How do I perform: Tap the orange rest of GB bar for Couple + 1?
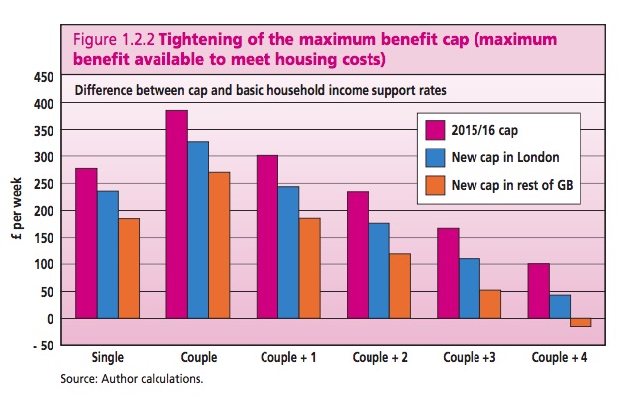pos(308,267)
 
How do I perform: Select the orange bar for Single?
pos(129,267)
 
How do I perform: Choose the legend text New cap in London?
pos(502,156)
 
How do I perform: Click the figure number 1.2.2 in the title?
pos(134,42)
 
